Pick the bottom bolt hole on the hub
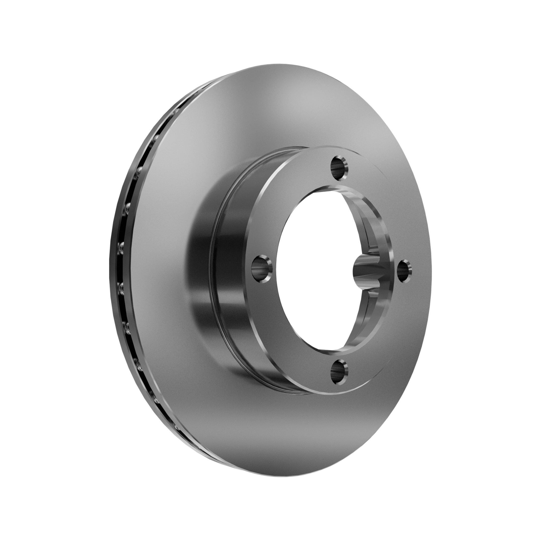tap(339, 372)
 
